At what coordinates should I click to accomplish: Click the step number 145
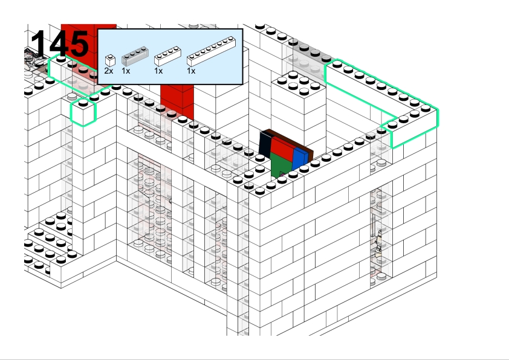[59, 43]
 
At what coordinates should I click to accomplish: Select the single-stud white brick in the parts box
[109, 60]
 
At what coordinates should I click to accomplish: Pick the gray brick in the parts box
[134, 57]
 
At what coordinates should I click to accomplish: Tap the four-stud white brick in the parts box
[167, 57]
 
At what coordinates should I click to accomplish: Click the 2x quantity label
[109, 71]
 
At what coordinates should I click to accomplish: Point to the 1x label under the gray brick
[126, 71]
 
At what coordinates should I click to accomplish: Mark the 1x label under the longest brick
[191, 71]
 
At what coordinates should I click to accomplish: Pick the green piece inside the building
[279, 164]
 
